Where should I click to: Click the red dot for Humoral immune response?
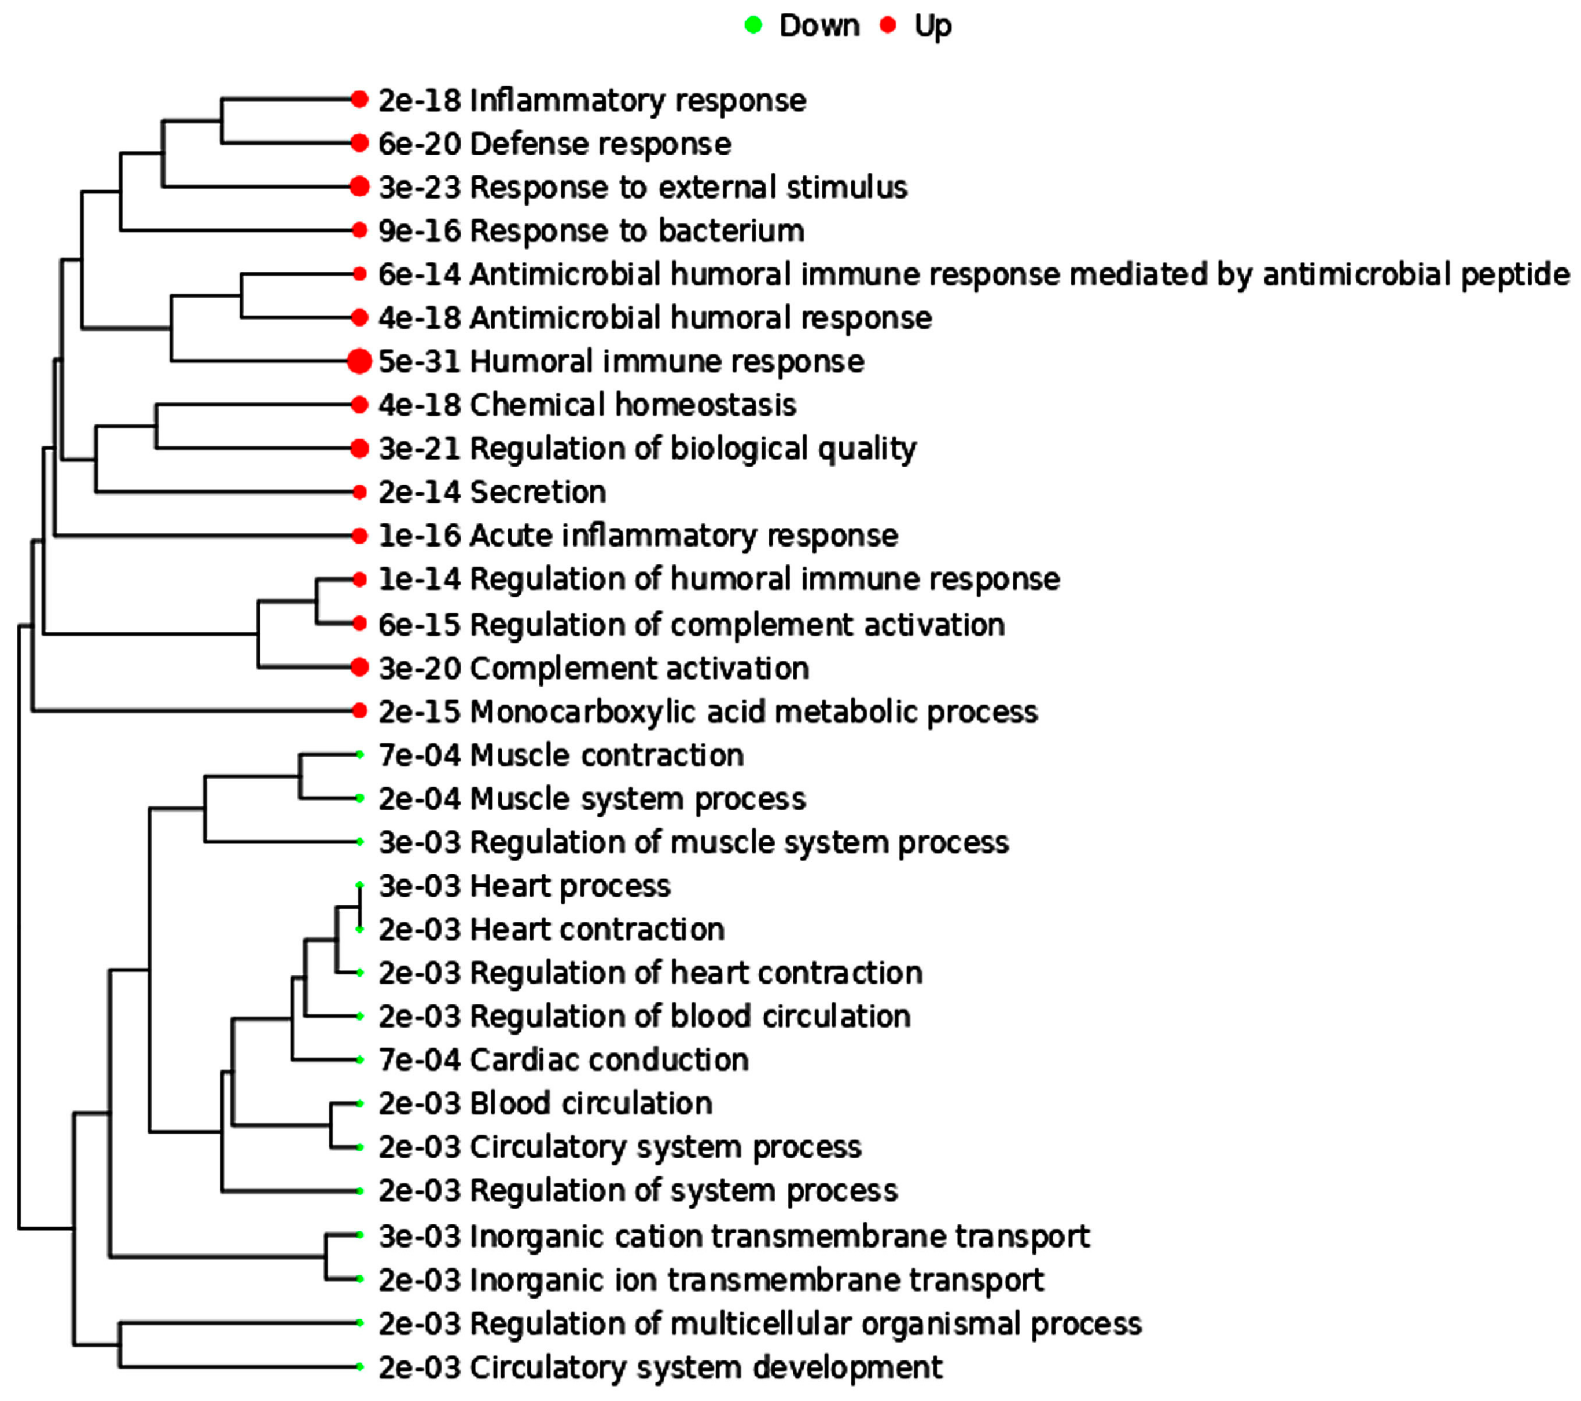(359, 361)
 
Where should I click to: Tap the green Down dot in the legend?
(753, 25)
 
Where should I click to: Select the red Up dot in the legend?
(888, 25)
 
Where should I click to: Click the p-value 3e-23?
(419, 187)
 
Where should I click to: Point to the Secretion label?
(538, 492)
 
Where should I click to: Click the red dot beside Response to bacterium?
(359, 230)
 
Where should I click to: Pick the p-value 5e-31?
(419, 361)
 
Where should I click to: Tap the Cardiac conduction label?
(609, 1060)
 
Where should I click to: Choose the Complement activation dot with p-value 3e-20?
(359, 667)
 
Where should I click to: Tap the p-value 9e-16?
(419, 230)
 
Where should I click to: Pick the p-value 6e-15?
(419, 625)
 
